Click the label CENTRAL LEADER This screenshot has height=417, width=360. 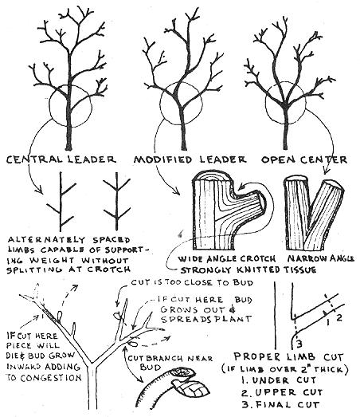point(61,159)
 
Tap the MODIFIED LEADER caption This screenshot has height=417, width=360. point(190,159)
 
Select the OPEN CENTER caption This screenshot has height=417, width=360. point(304,159)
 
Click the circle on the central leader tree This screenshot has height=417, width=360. point(50,106)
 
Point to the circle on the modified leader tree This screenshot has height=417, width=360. point(160,104)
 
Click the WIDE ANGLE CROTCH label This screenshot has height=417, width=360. point(227,259)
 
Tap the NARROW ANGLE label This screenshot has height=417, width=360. point(321,258)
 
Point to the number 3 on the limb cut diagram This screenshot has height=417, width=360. point(299,344)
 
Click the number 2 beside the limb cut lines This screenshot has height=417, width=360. point(339,317)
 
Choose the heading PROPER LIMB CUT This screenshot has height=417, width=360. point(288,356)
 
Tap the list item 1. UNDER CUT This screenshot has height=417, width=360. point(279,380)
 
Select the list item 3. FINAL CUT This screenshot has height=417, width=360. point(280,405)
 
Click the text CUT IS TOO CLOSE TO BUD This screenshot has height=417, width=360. point(192,282)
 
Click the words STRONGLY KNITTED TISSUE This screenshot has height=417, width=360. point(248,270)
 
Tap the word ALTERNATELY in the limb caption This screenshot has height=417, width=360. point(46,240)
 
